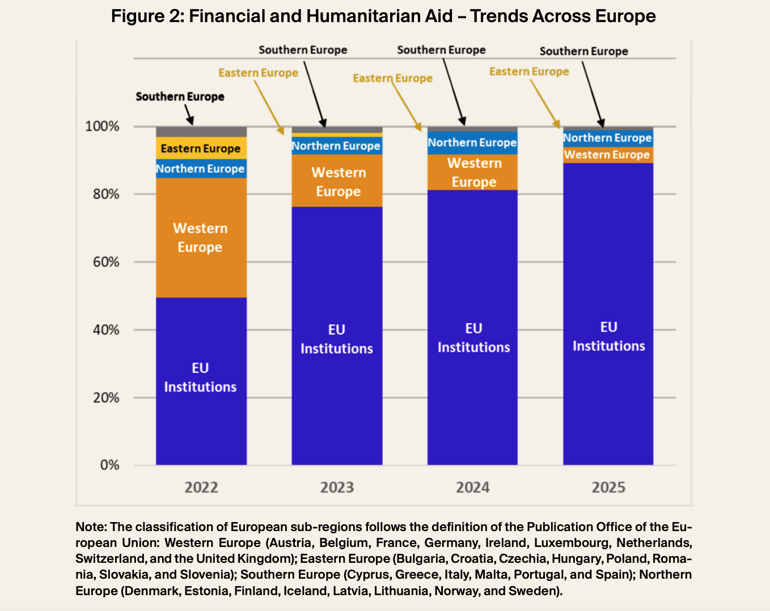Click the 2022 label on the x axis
201,487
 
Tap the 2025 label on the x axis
608,487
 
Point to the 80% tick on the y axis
102,194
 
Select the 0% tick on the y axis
109,465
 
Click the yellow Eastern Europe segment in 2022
201,148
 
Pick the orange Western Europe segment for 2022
201,238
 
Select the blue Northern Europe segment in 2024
472,143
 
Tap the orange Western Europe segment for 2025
608,155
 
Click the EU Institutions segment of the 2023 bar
337,339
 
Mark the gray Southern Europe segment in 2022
201,131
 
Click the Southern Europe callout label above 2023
303,50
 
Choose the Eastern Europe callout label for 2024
392,78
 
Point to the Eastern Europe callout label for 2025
529,71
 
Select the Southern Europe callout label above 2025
583,51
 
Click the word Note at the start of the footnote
90,527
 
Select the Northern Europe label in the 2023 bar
336,146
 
